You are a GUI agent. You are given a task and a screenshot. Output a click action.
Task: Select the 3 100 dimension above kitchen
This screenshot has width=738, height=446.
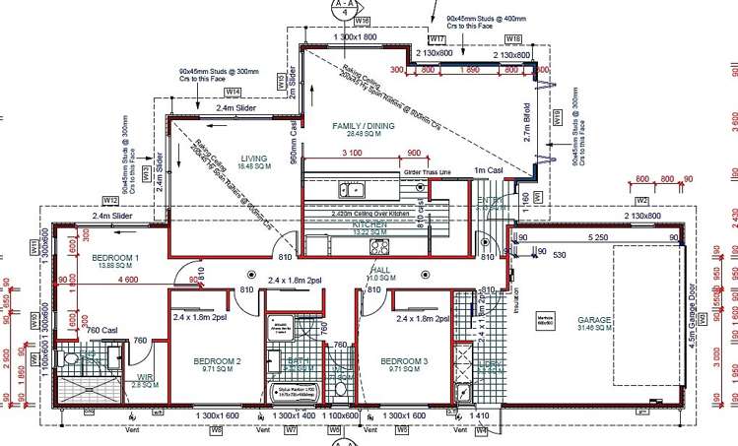click(x=348, y=154)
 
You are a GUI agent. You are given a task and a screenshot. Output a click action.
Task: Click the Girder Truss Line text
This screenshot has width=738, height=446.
click(x=428, y=172)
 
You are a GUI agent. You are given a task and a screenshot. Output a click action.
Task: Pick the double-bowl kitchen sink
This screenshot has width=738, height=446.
click(x=350, y=188)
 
